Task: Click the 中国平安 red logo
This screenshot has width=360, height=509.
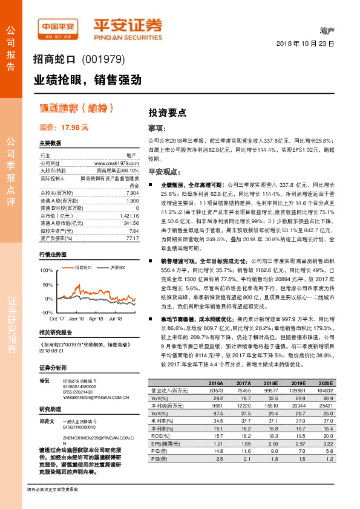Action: click(58, 27)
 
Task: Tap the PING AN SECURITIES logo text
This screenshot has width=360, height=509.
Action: click(128, 34)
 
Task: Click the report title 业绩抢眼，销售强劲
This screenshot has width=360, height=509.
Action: click(87, 79)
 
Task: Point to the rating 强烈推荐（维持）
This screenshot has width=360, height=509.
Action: click(76, 108)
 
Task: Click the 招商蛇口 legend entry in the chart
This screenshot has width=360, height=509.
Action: click(83, 250)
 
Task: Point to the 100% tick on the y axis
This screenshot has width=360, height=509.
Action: click(46, 254)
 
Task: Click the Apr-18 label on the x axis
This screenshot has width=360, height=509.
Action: click(96, 300)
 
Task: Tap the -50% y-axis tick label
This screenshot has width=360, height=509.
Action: click(47, 295)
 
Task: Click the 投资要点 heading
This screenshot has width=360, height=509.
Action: click(167, 112)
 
